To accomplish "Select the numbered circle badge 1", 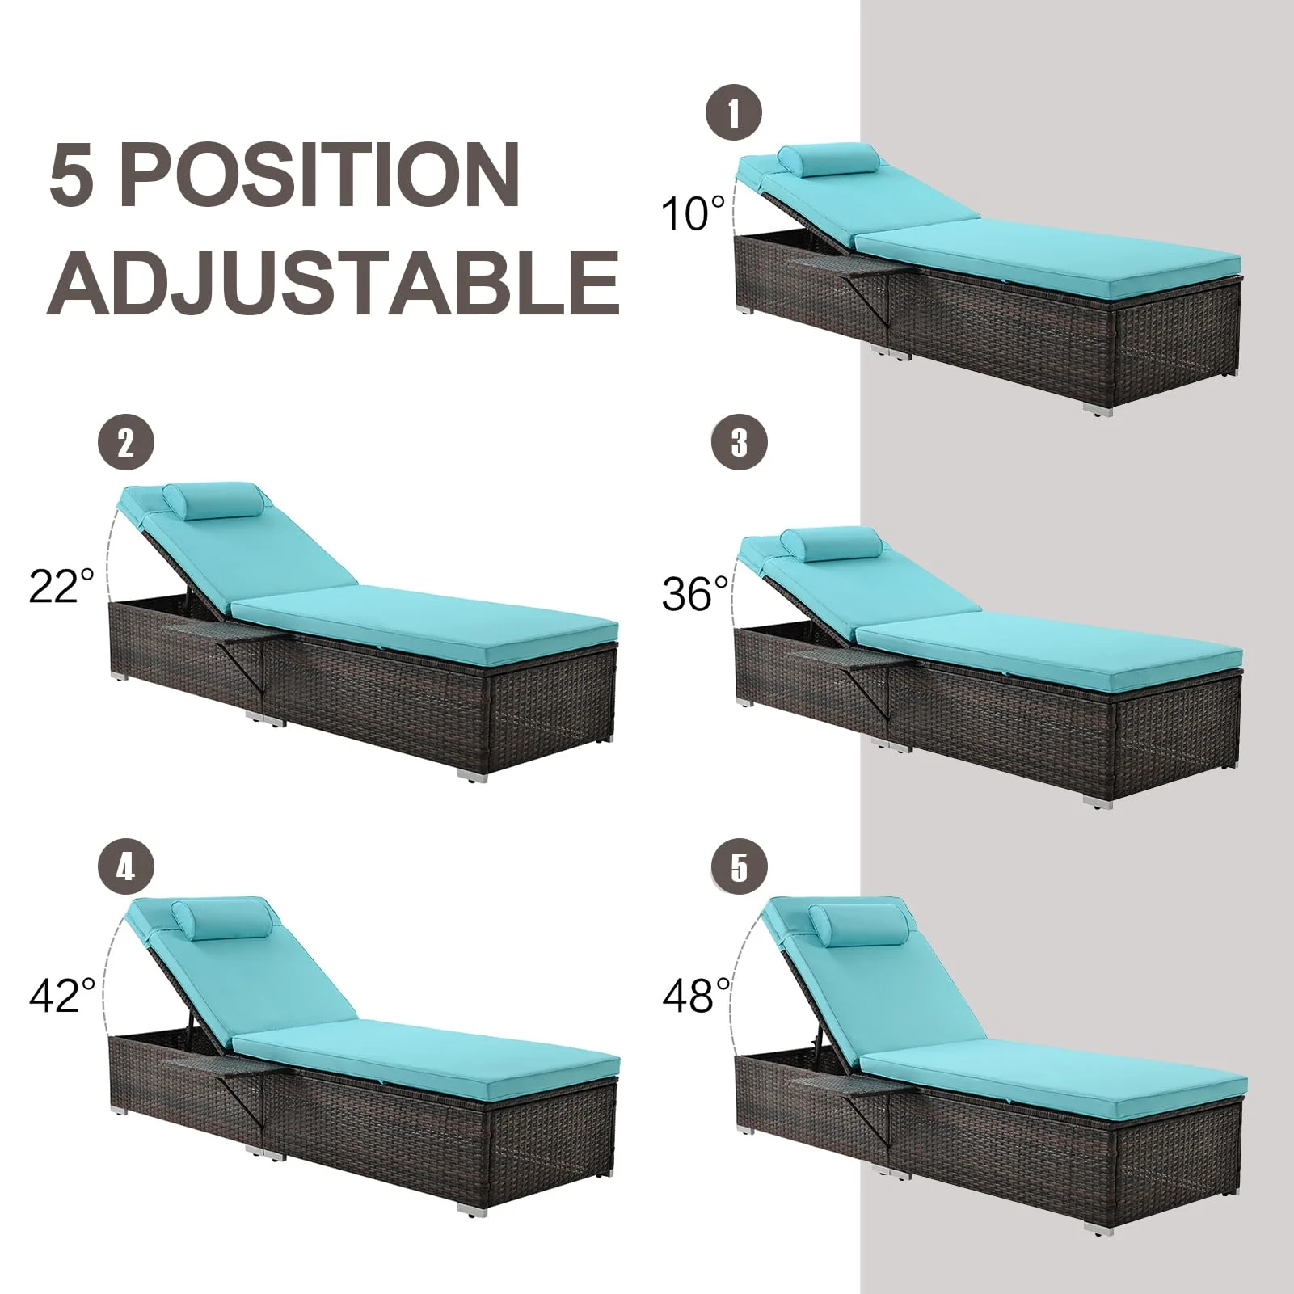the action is click(734, 113).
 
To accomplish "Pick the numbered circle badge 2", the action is click(125, 443).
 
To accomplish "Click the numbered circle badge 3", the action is click(740, 443).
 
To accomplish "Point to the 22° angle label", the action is click(61, 585).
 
